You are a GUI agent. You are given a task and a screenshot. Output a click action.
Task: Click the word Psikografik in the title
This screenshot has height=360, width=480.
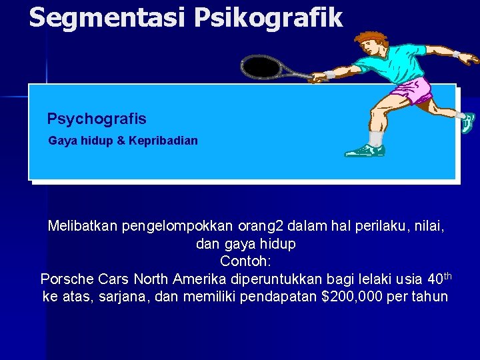[x=269, y=17]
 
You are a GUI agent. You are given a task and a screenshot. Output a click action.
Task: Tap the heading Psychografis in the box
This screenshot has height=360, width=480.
[x=97, y=119]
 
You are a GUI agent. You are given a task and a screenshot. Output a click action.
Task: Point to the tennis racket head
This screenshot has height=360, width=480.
[x=262, y=67]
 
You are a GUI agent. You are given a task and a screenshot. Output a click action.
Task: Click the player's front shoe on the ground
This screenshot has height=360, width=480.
[x=365, y=151]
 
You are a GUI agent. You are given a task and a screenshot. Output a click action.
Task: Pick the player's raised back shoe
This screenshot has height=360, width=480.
[x=468, y=122]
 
